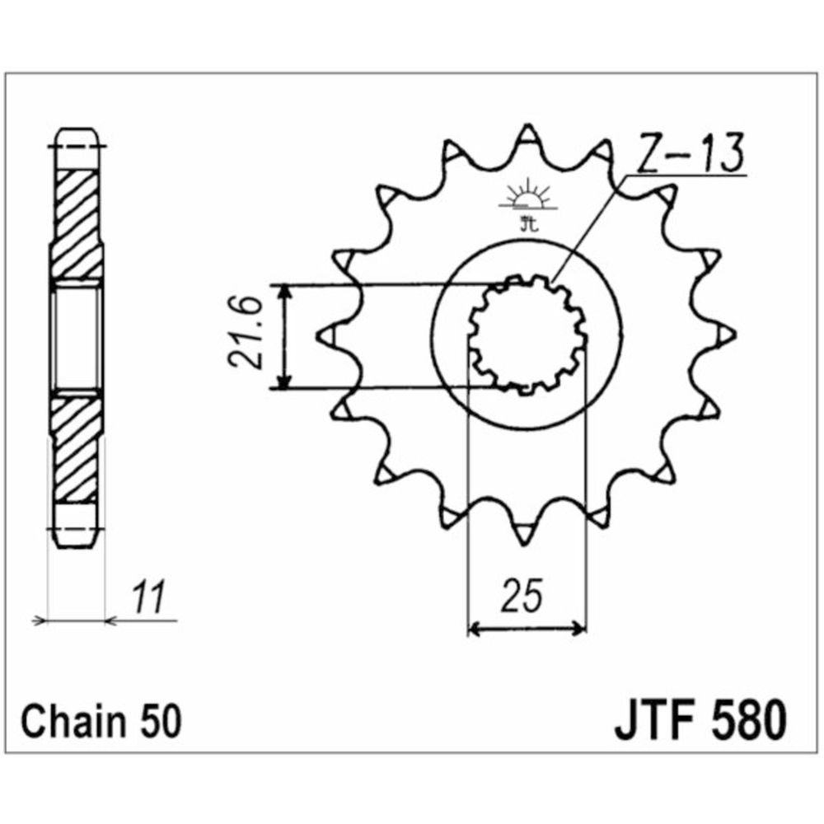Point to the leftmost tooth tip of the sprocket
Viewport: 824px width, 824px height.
tap(323, 334)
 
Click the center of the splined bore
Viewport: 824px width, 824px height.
tap(527, 336)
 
